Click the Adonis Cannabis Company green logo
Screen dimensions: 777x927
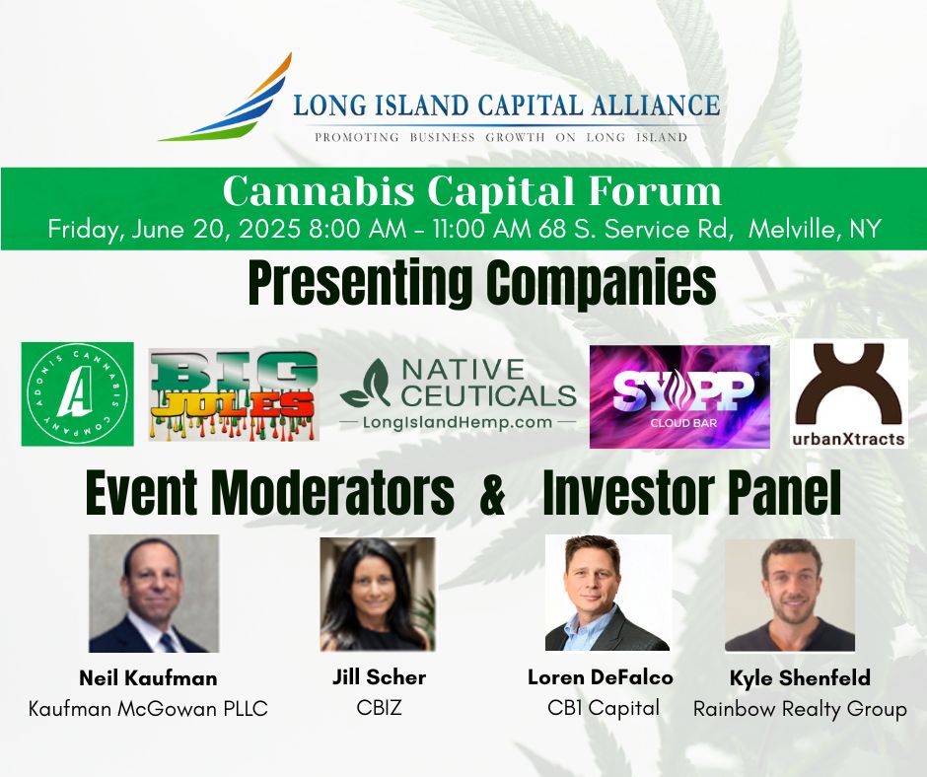coord(77,393)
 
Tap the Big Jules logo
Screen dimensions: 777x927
coord(234,394)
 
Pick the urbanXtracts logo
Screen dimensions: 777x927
coord(849,393)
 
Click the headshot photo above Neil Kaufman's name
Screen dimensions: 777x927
coord(154,594)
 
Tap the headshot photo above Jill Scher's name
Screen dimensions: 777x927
coord(378,594)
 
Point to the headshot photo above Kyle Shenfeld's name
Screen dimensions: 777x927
coord(790,595)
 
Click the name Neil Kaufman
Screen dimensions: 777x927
coord(148,678)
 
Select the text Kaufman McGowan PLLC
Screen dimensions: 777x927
coord(148,708)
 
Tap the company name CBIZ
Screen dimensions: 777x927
coord(378,707)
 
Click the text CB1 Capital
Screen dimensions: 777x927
coord(604,707)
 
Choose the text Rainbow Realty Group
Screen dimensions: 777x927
coord(800,709)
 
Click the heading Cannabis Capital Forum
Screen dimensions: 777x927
coord(471,190)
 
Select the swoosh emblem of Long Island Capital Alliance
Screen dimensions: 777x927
coord(227,99)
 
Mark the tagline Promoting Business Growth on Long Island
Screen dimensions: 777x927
coord(501,137)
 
